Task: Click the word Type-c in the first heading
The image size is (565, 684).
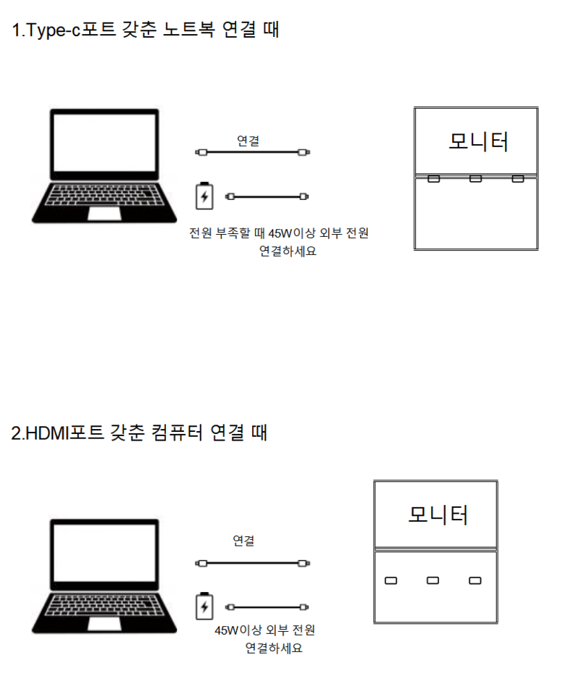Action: pyautogui.click(x=54, y=30)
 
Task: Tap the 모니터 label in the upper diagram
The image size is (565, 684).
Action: pyautogui.click(x=479, y=141)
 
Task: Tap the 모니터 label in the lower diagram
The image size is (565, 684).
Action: pyautogui.click(x=438, y=514)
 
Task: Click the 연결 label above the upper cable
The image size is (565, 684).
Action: pyautogui.click(x=248, y=141)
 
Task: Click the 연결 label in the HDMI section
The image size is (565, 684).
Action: pyautogui.click(x=243, y=541)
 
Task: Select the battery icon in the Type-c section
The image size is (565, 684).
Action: pyautogui.click(x=204, y=196)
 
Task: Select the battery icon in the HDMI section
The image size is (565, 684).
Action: pyautogui.click(x=204, y=606)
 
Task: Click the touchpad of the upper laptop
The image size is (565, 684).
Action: pyautogui.click(x=104, y=214)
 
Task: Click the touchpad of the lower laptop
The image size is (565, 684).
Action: pyautogui.click(x=104, y=624)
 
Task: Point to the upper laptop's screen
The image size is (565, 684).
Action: pyautogui.click(x=104, y=143)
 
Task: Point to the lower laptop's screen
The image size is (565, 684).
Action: pyautogui.click(x=104, y=553)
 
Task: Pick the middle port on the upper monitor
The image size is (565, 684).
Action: pyautogui.click(x=476, y=178)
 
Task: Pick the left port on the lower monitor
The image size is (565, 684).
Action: pyautogui.click(x=391, y=580)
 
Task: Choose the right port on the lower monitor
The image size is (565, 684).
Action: pyautogui.click(x=474, y=580)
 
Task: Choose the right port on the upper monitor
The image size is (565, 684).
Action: pyautogui.click(x=518, y=178)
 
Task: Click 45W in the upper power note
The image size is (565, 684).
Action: pyautogui.click(x=280, y=233)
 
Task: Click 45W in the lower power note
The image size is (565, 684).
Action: pyautogui.click(x=226, y=630)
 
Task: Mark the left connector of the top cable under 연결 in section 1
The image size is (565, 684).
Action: pyautogui.click(x=201, y=152)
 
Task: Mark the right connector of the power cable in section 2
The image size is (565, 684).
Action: pyautogui.click(x=304, y=606)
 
